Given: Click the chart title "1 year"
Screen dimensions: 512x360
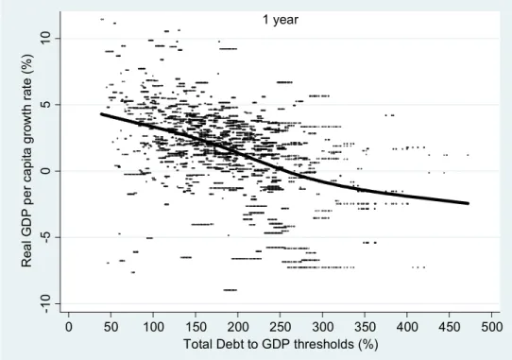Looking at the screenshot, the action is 281,20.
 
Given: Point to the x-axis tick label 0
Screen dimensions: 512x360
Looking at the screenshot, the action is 69,327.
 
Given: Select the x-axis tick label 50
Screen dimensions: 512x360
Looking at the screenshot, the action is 111,327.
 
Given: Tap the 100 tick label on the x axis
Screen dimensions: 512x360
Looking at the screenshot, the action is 153,327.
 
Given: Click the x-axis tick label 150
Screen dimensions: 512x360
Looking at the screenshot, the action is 196,327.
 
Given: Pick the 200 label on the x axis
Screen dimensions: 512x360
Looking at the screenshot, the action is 238,327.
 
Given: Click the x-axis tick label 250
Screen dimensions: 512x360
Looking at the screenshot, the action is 280,327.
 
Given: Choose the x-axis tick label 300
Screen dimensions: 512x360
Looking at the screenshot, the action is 322,327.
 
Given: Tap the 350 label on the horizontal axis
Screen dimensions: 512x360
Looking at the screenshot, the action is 365,327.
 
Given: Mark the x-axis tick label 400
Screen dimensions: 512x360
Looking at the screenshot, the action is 407,327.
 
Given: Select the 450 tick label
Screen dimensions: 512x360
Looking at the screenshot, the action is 449,327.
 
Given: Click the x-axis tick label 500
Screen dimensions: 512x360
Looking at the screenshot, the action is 491,327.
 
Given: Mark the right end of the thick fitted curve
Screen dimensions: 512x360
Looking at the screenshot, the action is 468,203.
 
